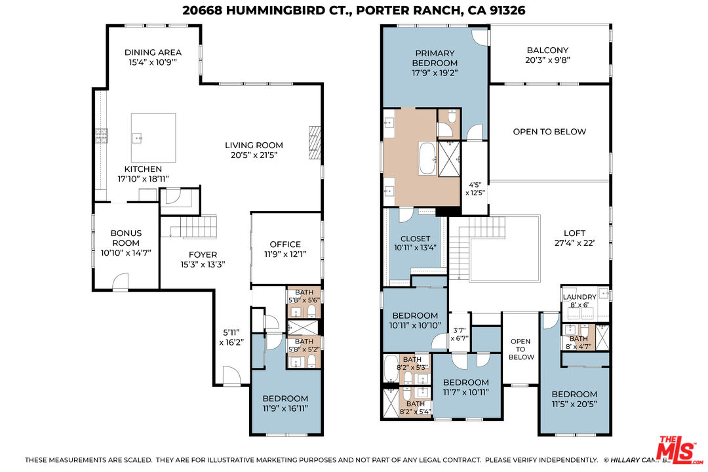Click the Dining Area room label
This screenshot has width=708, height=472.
coord(153,52)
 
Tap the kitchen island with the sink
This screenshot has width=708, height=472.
coord(153,137)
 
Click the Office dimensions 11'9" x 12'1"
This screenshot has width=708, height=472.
coord(285,254)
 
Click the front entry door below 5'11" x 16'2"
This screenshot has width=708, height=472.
coord(230,376)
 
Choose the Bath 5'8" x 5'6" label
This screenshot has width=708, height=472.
coord(303,296)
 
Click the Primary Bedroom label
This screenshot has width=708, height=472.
coord(435,58)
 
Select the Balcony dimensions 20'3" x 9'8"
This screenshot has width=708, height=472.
coord(547,60)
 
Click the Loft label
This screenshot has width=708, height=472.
coord(575,233)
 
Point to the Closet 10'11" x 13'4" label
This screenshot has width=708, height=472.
coord(415,239)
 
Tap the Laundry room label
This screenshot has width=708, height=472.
coord(580,297)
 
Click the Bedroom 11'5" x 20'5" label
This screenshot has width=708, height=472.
coord(574,394)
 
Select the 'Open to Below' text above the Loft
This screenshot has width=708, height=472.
coord(549,132)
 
